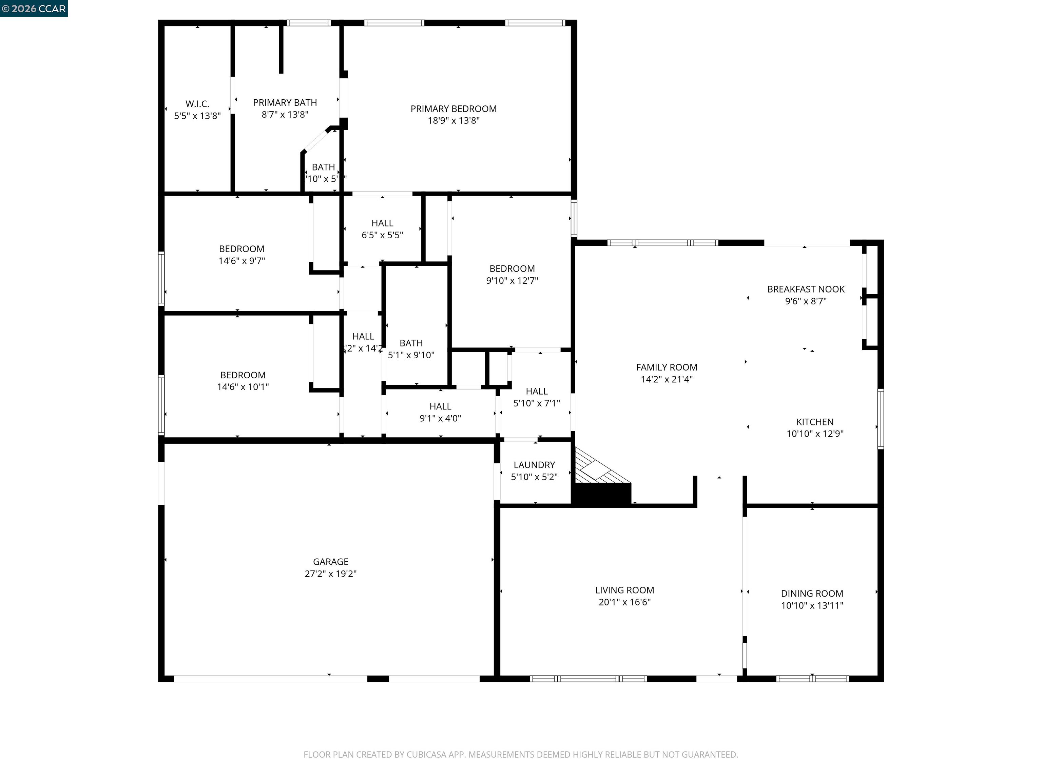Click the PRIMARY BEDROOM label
[453, 109]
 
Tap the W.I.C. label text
[197, 104]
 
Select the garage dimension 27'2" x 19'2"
[330, 574]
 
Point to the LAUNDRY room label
[534, 465]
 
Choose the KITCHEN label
[814, 422]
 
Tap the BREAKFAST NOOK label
[806, 289]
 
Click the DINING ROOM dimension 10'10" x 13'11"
[812, 605]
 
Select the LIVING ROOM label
[624, 590]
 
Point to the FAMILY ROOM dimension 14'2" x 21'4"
[666, 379]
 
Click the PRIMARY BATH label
[285, 103]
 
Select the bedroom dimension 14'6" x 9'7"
[242, 261]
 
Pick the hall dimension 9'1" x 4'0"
[440, 418]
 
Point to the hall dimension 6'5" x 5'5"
[382, 235]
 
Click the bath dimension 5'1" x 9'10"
[411, 355]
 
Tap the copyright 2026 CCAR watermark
[34, 8]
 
